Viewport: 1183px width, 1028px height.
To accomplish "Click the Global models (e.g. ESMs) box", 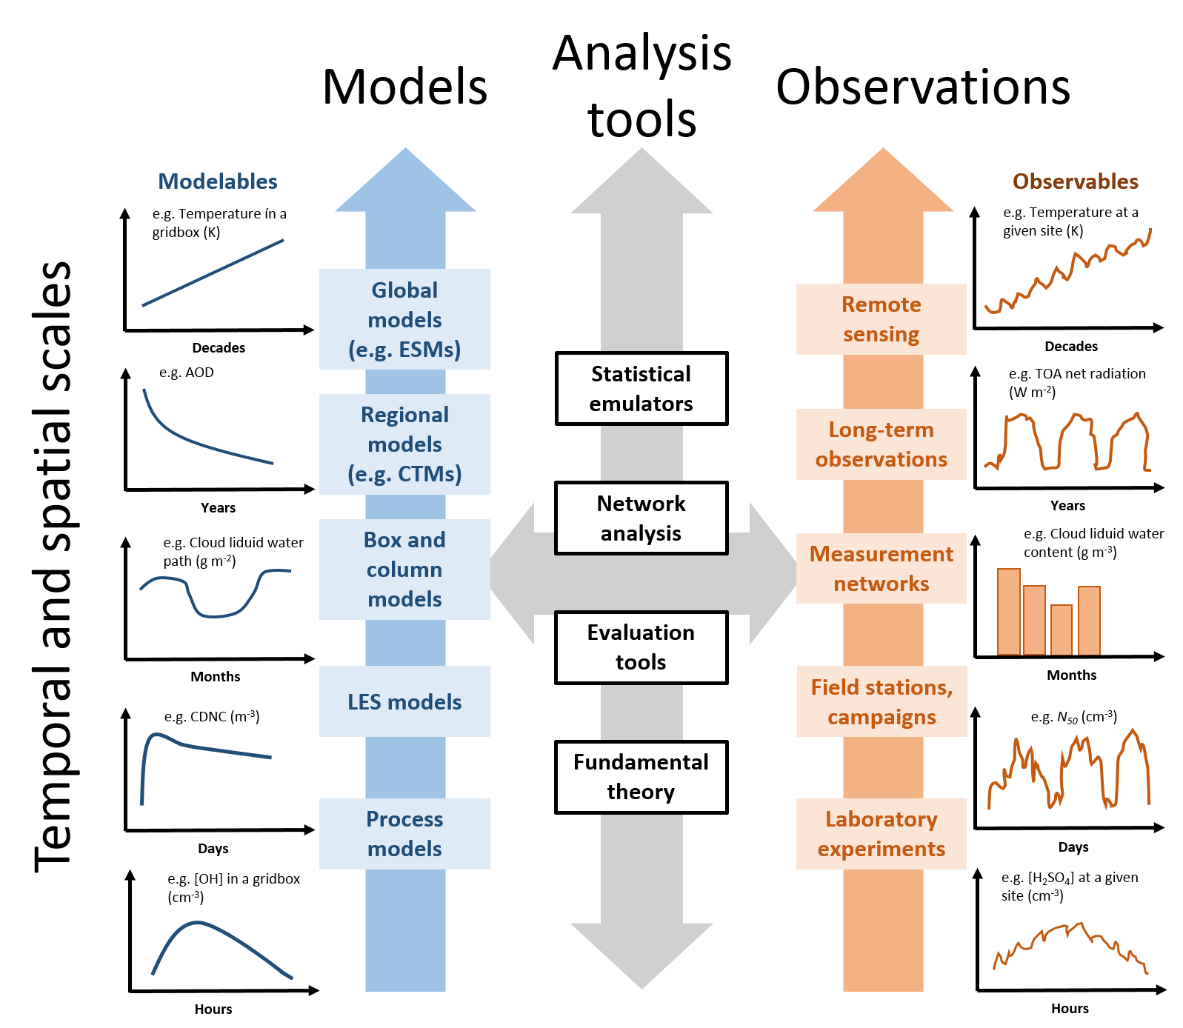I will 404,319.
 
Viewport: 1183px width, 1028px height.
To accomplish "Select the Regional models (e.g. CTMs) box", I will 404,444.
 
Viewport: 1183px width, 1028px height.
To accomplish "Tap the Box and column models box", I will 404,570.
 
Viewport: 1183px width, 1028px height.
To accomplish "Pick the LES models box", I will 404,701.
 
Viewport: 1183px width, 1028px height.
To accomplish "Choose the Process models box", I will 404,834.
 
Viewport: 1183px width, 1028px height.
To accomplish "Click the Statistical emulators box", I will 642,389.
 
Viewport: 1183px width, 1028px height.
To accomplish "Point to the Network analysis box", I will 642,518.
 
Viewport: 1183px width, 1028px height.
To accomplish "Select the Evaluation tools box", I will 642,647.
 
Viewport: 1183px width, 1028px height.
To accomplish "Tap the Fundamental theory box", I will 642,777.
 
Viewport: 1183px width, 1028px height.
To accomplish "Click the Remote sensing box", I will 882,319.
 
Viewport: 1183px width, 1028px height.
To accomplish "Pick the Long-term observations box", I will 882,444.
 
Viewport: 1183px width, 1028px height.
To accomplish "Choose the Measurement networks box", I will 882,569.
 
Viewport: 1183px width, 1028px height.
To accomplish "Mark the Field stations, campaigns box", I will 882,701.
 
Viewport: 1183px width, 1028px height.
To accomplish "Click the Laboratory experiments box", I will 882,834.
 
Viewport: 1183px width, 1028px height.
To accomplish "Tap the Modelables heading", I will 218,181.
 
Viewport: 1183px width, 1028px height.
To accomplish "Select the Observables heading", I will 1075,181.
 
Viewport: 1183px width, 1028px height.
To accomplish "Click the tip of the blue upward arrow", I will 405,150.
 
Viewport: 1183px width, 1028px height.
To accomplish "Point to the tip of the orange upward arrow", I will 883,150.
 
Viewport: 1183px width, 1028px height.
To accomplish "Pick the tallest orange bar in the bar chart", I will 1009,612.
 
